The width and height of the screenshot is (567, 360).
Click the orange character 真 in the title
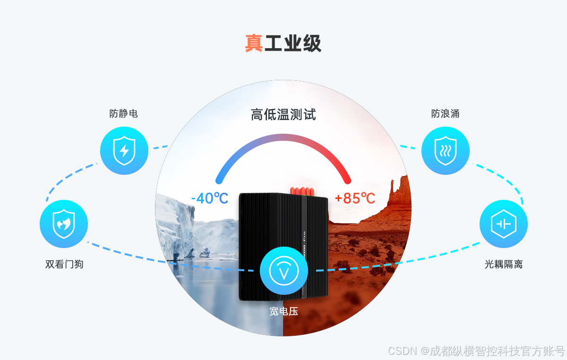tap(254, 43)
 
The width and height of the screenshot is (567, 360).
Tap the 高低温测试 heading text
tap(283, 114)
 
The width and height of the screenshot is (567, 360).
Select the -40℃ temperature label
tap(210, 198)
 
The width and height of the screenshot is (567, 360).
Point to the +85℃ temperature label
tap(355, 198)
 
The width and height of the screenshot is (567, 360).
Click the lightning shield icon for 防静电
tap(124, 151)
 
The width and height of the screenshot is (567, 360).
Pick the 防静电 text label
tap(124, 114)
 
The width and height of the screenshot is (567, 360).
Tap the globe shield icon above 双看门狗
tap(64, 224)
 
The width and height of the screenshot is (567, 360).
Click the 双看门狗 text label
tap(64, 264)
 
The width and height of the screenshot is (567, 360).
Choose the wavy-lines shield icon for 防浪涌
tap(445, 151)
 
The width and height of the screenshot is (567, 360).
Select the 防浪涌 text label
tap(445, 114)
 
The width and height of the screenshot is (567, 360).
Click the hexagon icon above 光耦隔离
tap(503, 224)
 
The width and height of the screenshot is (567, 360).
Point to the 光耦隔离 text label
tap(503, 264)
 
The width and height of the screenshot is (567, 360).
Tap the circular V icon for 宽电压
tap(283, 271)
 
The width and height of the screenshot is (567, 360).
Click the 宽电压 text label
tap(283, 311)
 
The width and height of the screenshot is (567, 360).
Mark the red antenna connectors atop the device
tap(302, 190)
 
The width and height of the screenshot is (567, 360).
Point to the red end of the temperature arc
tap(348, 180)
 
